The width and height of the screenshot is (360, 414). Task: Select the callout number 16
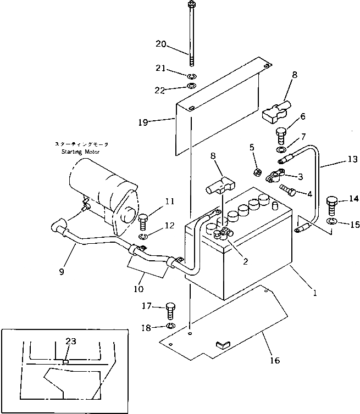tap(275, 361)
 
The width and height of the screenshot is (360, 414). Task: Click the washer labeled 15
tap(331, 221)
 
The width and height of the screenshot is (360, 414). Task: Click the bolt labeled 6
tap(280, 135)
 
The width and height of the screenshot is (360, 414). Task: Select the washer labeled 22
tap(191, 87)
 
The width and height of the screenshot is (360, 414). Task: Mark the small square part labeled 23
tap(64, 362)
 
